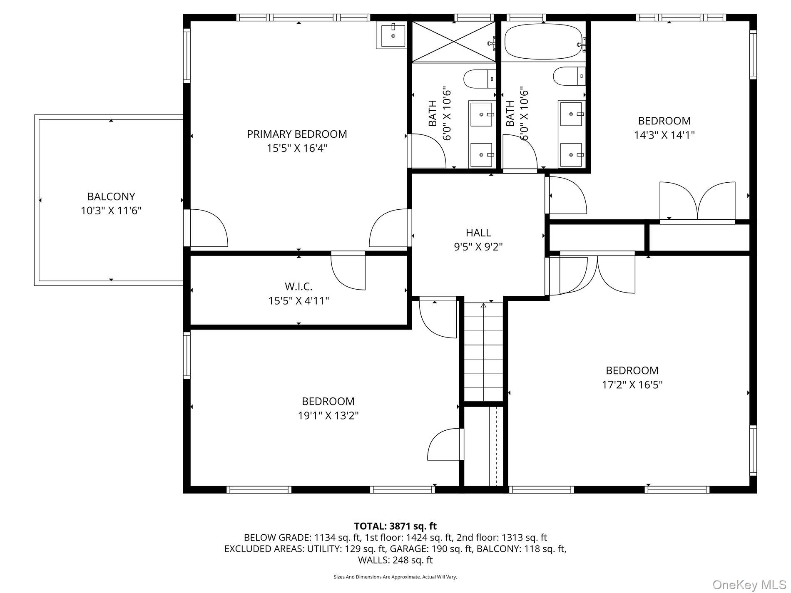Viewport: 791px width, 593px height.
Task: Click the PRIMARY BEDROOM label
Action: tap(297, 134)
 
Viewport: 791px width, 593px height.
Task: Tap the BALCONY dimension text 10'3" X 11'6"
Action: tap(111, 211)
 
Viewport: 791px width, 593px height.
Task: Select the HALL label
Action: tap(478, 233)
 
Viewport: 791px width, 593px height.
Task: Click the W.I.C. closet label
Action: tap(298, 286)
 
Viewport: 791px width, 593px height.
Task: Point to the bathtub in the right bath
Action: tap(543, 42)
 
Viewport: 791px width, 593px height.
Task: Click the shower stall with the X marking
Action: tap(453, 42)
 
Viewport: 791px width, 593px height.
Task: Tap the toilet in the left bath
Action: tap(479, 79)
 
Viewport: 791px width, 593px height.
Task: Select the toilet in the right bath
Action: tap(569, 77)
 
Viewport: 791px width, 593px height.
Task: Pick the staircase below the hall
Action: tap(483, 352)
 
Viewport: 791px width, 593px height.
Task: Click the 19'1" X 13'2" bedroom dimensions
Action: tap(328, 416)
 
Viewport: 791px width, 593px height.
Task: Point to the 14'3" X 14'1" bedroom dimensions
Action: tap(664, 135)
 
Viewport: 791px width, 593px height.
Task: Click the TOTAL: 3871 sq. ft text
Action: tap(395, 526)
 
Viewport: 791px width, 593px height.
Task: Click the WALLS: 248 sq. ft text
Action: tap(395, 560)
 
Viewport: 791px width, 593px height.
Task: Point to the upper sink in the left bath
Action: tap(481, 114)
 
